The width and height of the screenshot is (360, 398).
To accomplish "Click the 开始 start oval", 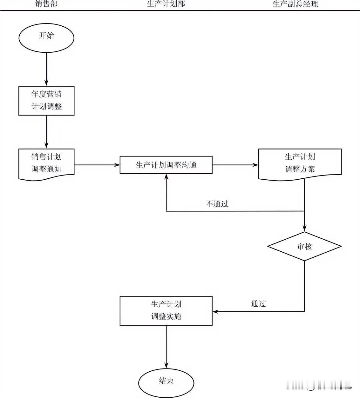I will point(46,37).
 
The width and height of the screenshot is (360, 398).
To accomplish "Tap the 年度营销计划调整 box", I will point(46,101).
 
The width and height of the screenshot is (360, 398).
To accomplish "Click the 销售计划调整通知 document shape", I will point(46,164).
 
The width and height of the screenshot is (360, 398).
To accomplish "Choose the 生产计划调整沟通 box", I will point(166,165).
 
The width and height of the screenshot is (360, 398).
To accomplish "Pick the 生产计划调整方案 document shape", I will point(300,163).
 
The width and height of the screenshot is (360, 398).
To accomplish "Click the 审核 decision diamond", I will point(304,246).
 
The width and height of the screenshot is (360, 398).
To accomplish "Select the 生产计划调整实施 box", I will point(166,311).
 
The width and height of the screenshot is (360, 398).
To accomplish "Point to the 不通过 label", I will point(217,204).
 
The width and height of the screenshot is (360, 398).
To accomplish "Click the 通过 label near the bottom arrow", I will point(258,304).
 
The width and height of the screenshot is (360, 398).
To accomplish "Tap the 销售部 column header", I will point(46,4).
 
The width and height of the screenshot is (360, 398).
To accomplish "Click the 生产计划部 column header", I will point(166,4).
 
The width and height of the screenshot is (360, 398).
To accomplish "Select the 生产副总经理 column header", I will point(295,4).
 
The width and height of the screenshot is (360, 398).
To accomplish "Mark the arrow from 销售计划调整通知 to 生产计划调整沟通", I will point(97,165).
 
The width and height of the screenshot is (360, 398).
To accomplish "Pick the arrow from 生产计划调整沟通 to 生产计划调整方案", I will point(235,165).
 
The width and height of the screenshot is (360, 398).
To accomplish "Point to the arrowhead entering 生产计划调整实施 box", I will point(215,312).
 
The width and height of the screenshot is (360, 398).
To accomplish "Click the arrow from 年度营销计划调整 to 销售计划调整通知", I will point(46,132).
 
